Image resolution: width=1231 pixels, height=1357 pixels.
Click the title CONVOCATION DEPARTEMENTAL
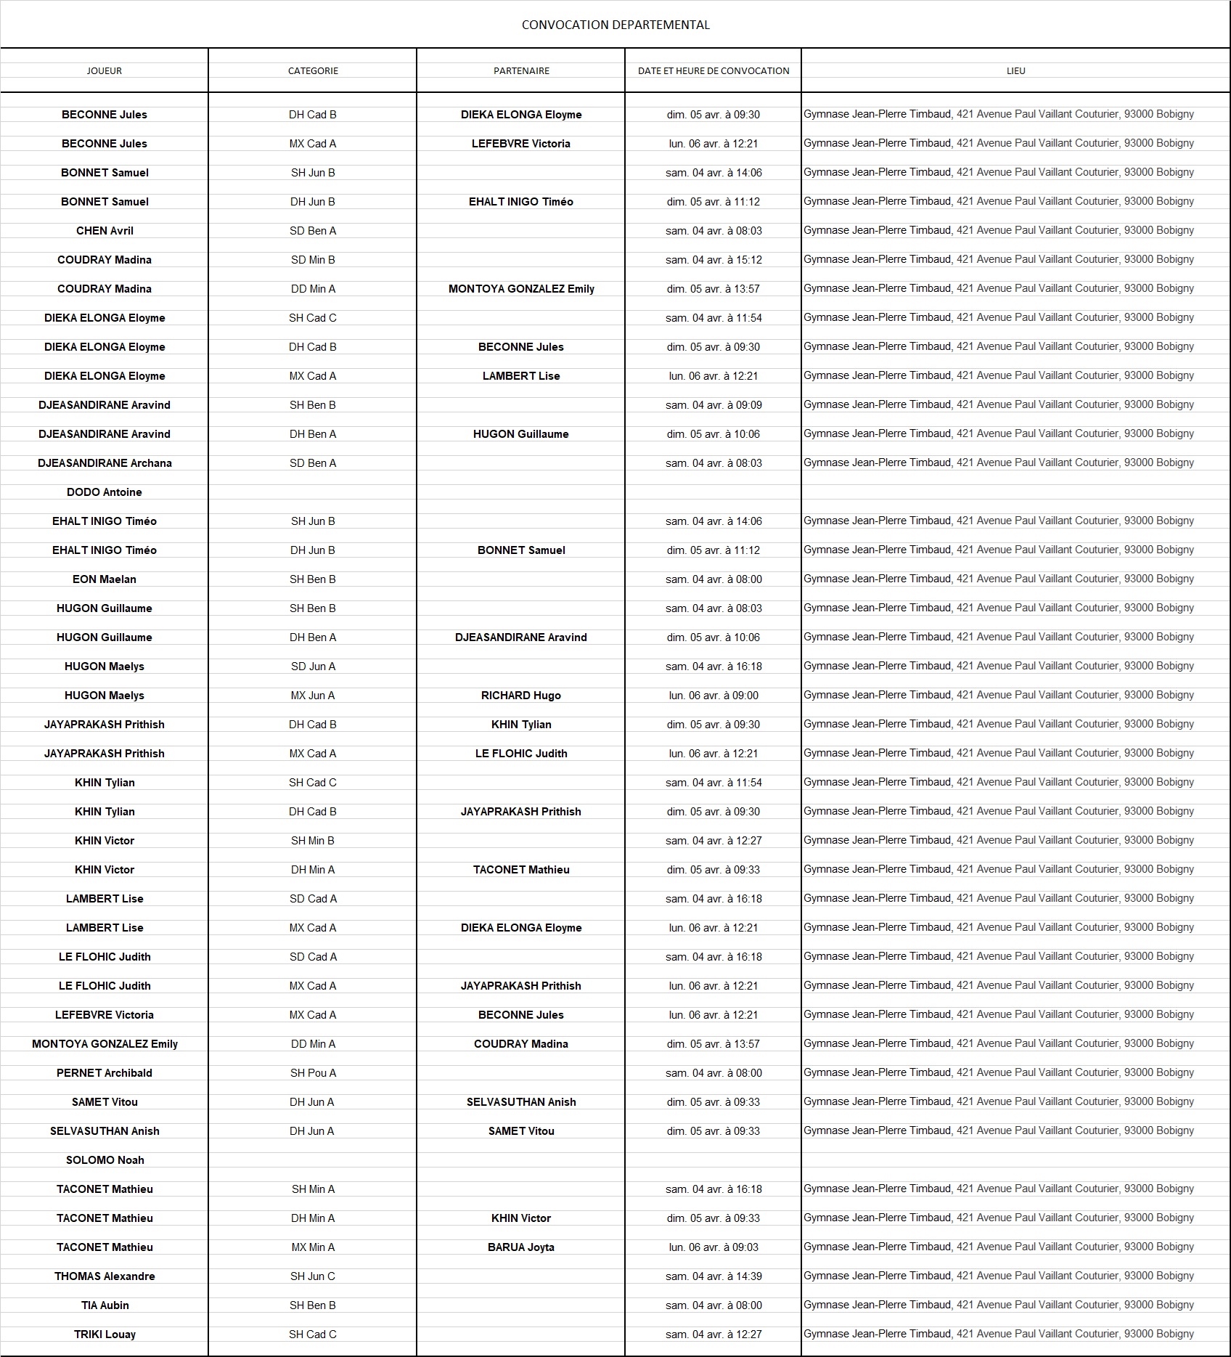click(615, 25)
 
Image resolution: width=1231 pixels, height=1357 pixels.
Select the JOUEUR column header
click(105, 70)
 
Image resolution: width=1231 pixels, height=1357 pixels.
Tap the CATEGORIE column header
click(313, 70)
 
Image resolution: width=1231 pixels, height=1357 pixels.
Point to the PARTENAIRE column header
click(521, 70)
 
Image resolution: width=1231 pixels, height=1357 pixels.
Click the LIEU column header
click(1015, 70)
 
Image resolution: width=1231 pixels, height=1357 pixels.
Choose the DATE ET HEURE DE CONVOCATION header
click(713, 70)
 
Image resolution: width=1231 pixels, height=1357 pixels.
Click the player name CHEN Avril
click(105, 231)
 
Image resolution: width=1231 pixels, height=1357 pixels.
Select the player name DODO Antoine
click(105, 492)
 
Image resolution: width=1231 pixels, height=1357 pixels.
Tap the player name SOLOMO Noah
click(105, 1160)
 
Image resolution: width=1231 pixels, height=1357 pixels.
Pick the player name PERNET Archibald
click(105, 1073)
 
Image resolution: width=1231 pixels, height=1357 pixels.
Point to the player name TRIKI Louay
click(105, 1334)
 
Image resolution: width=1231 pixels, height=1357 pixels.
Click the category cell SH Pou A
click(313, 1073)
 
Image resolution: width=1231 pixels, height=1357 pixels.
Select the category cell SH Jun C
click(313, 1276)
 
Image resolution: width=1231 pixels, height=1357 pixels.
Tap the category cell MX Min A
click(313, 1247)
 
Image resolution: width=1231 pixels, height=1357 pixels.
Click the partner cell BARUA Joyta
click(521, 1247)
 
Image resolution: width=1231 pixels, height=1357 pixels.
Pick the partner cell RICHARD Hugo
click(521, 696)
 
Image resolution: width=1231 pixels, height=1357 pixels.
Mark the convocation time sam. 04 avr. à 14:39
click(713, 1276)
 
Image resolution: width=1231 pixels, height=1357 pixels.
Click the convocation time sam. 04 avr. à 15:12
click(713, 260)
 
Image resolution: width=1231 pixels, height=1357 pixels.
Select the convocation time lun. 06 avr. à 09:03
click(713, 1247)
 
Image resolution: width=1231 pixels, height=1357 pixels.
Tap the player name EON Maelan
click(105, 579)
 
